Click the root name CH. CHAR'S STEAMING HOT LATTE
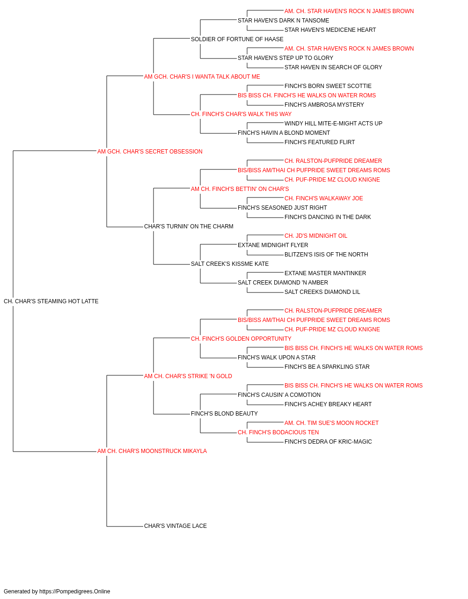(51, 301)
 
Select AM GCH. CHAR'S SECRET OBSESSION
(150, 152)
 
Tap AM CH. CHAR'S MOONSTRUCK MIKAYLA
(152, 451)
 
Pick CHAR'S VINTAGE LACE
(175, 526)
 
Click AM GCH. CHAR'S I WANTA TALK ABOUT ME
(202, 77)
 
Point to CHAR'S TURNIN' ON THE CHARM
(189, 226)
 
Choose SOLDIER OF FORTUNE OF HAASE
(237, 39)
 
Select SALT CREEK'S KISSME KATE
(230, 264)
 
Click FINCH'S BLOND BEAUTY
(224, 414)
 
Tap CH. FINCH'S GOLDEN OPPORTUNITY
(241, 339)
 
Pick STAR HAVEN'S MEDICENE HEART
(330, 30)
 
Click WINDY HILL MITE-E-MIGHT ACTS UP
(333, 124)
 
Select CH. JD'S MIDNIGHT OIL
(316, 236)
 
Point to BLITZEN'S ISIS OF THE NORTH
(326, 255)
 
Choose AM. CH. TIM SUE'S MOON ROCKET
(331, 423)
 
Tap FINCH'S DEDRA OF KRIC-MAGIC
(328, 442)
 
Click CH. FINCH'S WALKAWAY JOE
(323, 198)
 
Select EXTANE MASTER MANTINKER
(325, 273)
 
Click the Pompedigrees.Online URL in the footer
(75, 592)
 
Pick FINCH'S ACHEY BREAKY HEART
(328, 404)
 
